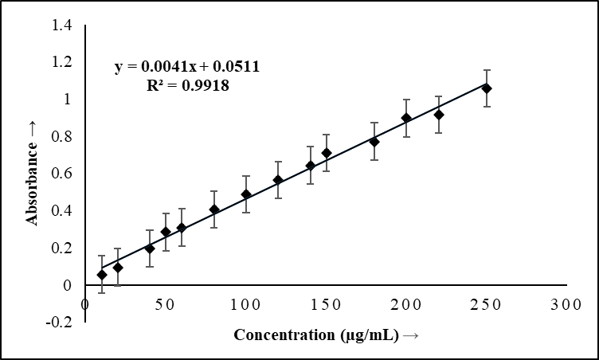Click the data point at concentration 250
pos(487,88)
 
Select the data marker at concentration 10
pos(102,275)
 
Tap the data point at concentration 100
pos(246,194)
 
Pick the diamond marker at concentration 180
pos(374,142)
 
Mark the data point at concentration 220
pos(438,115)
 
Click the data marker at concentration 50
pos(166,233)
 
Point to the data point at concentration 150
pos(327,153)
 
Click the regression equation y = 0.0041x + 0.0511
pos(187,68)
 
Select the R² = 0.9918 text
pos(189,86)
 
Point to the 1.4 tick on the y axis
pos(62,25)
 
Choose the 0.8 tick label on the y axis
pos(62,137)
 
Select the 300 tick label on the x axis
pos(566,305)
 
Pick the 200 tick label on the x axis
pos(406,305)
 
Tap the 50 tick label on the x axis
pos(166,305)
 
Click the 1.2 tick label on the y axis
pos(62,62)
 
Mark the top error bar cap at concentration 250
pos(487,70)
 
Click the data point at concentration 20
pos(118,268)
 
